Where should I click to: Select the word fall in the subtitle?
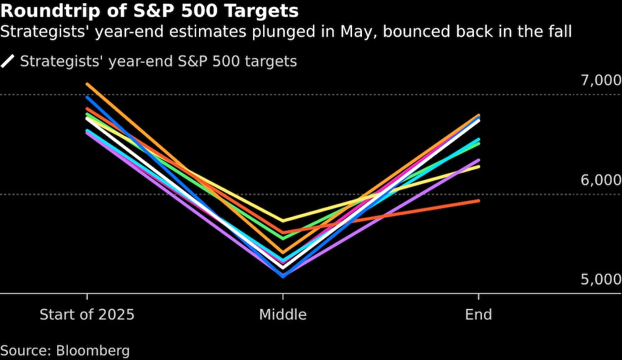coord(558,31)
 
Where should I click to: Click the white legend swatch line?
coord(8,62)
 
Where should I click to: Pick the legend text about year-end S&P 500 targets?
coord(159,62)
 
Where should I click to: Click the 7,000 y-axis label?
coord(601,80)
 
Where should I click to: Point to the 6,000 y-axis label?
coord(601,180)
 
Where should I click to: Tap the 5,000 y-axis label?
coord(601,280)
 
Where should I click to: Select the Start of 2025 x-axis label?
coord(87,315)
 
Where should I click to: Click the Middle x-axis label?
coord(283,315)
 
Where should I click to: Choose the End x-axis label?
coord(478,315)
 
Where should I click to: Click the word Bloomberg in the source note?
coord(93,351)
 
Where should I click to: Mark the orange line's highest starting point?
coord(87,84)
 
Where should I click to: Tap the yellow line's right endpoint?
coord(478,167)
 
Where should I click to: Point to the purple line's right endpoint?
coord(478,160)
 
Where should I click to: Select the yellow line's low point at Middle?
coord(283,221)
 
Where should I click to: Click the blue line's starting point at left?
coord(87,97)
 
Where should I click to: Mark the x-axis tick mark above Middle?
coord(283,297)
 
